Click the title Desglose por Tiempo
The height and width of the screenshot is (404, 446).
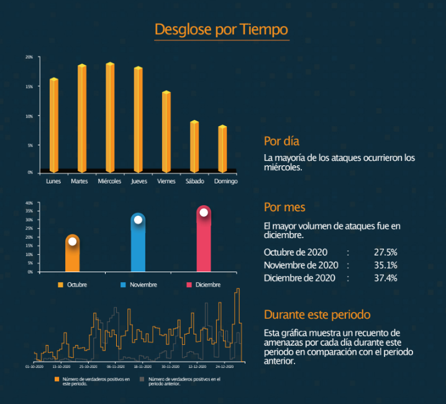221,29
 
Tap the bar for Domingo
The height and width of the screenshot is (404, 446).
222,149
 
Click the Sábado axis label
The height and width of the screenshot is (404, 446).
194,181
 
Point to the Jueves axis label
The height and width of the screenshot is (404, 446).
139,181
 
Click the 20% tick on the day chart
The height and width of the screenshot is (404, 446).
29,57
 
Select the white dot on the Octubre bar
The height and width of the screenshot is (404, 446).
73,241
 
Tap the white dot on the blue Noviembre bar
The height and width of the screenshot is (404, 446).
138,219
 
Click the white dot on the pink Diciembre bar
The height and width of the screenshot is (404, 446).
204,213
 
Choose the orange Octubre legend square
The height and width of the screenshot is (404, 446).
61,285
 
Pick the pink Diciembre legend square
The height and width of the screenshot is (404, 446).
189,285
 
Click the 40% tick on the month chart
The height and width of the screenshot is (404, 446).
28,203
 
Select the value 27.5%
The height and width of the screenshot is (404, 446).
385,252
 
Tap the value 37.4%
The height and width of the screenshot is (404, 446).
385,278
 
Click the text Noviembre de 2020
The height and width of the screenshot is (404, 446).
301,265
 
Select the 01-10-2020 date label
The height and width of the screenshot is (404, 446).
34,367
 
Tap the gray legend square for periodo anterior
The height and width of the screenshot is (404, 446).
142,378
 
